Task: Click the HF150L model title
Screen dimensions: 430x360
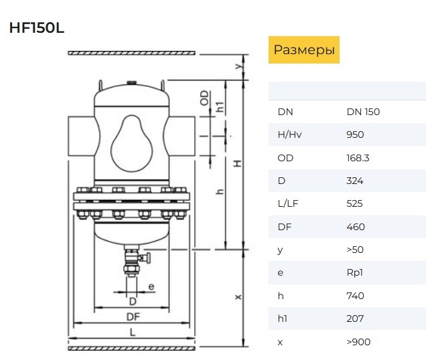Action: click(x=37, y=27)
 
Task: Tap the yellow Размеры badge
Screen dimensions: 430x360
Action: click(x=304, y=50)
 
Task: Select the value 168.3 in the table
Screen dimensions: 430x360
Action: click(x=358, y=158)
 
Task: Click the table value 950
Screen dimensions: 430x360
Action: click(x=355, y=134)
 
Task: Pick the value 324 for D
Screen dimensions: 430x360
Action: click(x=355, y=181)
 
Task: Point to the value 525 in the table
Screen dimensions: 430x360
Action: click(x=354, y=203)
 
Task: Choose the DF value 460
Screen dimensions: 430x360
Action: click(x=356, y=227)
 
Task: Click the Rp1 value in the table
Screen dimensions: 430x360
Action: click(x=354, y=272)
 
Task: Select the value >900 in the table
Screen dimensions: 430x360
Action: click(x=358, y=342)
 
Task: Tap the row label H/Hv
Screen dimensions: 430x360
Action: click(x=289, y=134)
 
